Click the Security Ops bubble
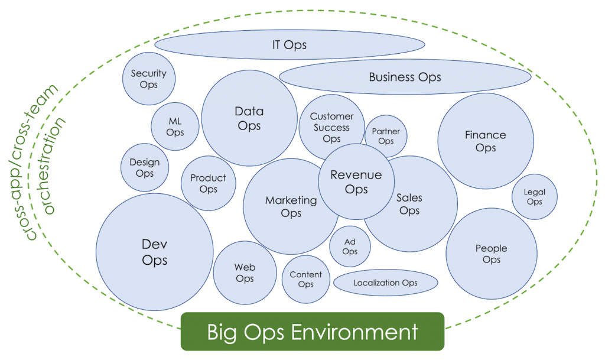tap(149, 79)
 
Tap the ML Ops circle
tap(175, 127)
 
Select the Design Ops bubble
tap(145, 168)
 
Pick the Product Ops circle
tap(208, 183)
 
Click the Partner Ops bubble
tap(386, 137)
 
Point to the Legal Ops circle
tap(534, 197)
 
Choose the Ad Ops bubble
tap(350, 246)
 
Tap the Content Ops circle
tap(305, 279)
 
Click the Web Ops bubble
tap(245, 273)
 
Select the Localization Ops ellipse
tap(385, 283)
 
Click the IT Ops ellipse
tap(290, 45)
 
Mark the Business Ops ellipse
tap(405, 77)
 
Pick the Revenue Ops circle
tap(356, 181)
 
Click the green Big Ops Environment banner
tap(312, 332)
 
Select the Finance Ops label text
tap(486, 141)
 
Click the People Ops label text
tap(492, 254)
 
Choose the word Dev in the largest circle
tap(154, 244)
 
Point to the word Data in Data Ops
tap(249, 111)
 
